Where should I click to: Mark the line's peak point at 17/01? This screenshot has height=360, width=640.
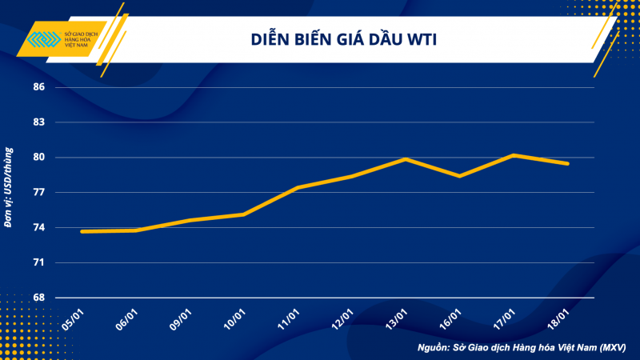pyautogui.click(x=514, y=155)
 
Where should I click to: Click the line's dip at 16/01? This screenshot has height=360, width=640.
pyautogui.click(x=460, y=176)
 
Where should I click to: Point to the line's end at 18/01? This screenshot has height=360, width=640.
pyautogui.click(x=568, y=163)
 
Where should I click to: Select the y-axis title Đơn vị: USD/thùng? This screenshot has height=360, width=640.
pyautogui.click(x=9, y=187)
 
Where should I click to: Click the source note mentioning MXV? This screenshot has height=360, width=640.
pyautogui.click(x=522, y=348)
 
